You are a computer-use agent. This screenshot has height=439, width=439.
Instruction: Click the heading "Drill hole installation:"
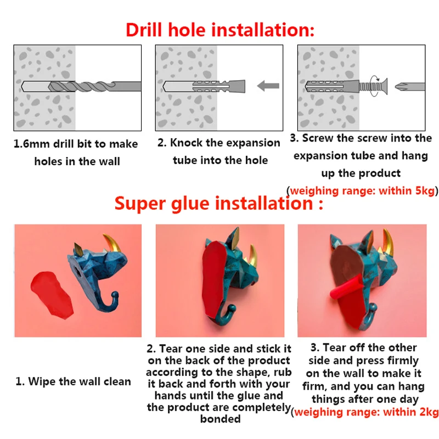220,30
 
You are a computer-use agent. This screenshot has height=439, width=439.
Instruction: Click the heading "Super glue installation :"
218,203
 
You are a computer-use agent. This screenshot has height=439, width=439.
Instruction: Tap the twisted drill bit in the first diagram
95,86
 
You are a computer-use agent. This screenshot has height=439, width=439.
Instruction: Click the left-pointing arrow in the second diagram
268,86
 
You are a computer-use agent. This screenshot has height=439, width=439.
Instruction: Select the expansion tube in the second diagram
219,86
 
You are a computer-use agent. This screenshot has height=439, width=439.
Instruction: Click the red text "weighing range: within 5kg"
362,190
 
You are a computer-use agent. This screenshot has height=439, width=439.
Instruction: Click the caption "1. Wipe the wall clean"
73,381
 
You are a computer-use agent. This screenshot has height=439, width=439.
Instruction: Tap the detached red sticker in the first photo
52,295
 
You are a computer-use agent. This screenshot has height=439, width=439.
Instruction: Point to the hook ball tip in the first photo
115,295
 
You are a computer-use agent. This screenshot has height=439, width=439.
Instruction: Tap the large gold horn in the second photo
253,255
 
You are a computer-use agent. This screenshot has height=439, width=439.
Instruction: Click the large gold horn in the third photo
390,241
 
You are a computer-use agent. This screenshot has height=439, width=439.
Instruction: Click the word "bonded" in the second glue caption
221,419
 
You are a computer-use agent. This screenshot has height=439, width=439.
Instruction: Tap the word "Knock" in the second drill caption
186,143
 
